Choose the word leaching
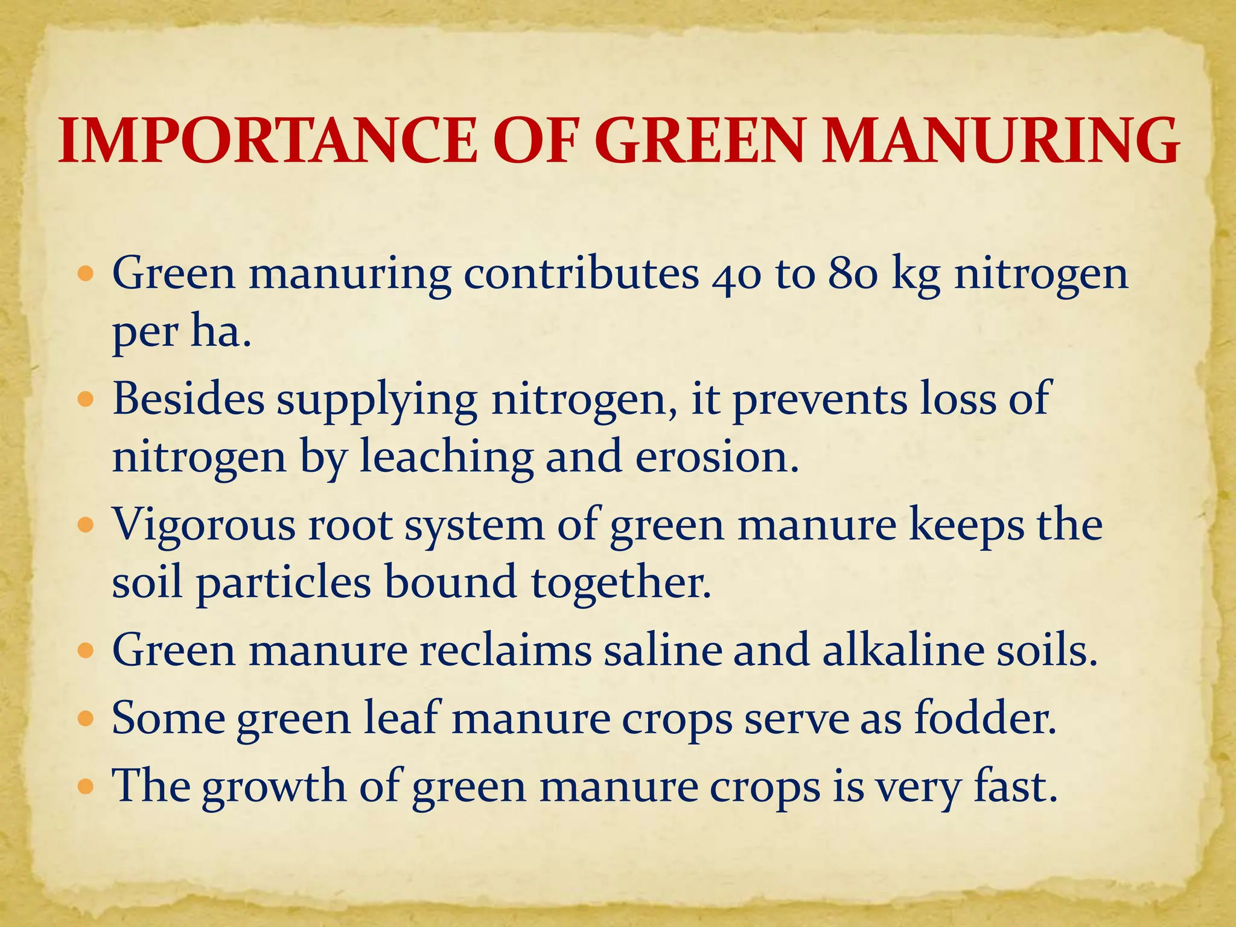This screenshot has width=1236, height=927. [x=447, y=457]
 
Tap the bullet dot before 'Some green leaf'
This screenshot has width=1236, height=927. [x=87, y=719]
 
